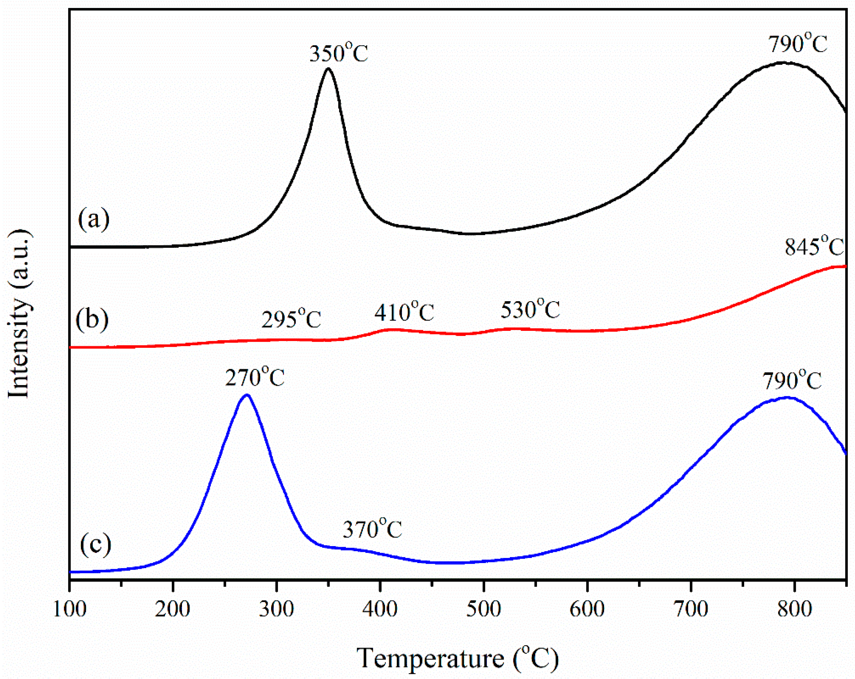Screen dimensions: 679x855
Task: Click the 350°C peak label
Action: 338,53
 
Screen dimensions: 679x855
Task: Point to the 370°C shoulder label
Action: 372,529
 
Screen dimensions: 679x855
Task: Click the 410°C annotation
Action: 404,312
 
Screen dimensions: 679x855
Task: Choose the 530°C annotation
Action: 530,310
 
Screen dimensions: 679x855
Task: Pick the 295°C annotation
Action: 291,319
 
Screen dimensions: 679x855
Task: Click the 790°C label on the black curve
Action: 798,44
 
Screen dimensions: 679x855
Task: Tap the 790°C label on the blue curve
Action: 792,381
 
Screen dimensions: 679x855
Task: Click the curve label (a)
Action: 94,219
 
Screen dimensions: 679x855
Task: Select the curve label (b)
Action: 92,320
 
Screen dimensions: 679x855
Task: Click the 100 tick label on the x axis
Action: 69,609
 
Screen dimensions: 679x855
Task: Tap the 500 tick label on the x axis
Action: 483,609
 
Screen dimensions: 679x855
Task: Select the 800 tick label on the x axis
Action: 794,609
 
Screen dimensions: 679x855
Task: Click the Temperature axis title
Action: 457,658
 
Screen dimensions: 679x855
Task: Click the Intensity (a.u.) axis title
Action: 19,313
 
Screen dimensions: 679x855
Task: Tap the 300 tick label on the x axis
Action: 277,609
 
